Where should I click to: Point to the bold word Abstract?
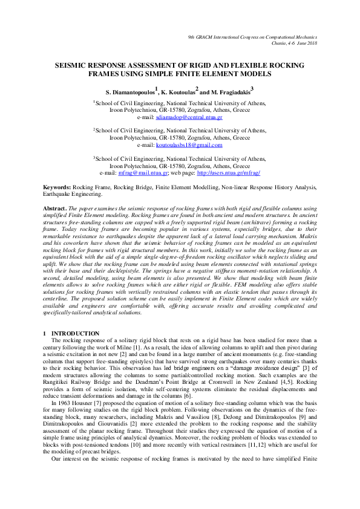[x=56, y=207]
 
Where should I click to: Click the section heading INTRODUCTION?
[x=76, y=333]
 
